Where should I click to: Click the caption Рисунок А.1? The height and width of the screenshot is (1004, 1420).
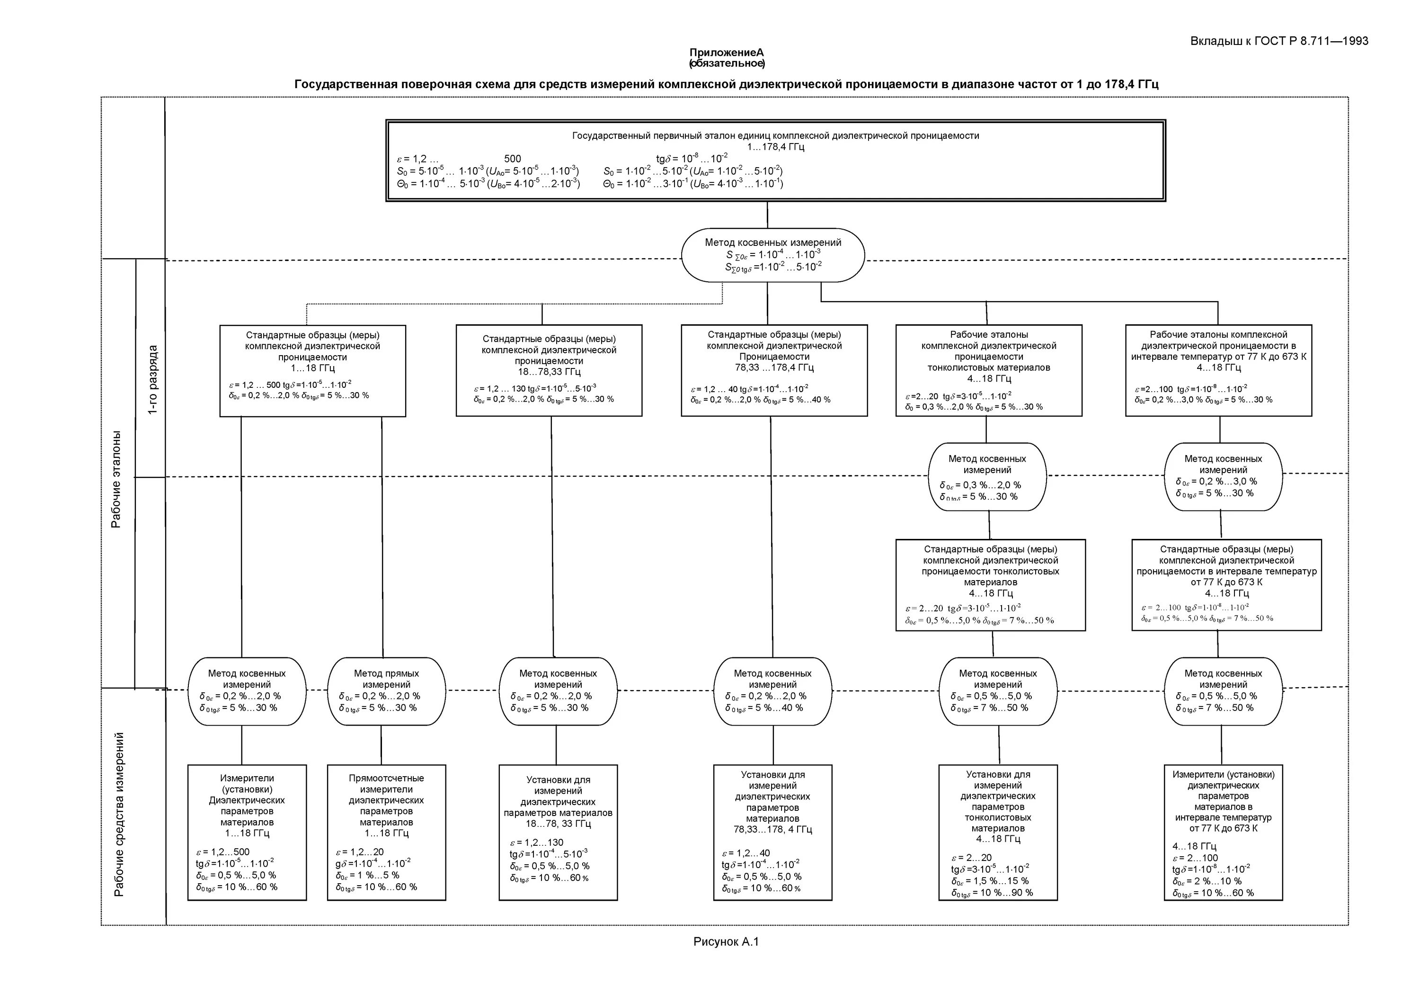pos(726,942)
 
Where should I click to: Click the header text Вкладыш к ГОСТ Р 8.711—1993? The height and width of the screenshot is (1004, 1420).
pos(1279,42)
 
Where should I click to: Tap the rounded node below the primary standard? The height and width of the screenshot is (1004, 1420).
pos(772,255)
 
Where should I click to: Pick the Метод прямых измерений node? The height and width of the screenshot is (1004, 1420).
pos(386,690)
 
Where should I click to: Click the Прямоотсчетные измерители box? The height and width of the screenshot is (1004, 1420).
pos(386,832)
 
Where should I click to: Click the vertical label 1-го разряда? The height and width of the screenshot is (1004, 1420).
pos(152,379)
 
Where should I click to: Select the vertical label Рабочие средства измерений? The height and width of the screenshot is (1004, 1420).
pos(119,814)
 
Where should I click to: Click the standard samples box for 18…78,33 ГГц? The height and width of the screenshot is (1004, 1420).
pos(549,370)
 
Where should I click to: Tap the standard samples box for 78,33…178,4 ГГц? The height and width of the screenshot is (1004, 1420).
pos(774,370)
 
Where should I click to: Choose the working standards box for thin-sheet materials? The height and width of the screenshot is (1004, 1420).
pos(988,370)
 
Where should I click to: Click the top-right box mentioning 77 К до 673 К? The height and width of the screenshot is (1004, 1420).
pos(1218,370)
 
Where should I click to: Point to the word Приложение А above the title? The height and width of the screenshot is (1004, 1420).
pos(727,53)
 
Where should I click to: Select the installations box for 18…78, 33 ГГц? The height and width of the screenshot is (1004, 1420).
pos(558,832)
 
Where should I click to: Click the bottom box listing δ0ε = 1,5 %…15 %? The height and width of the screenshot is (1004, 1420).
pos(998,832)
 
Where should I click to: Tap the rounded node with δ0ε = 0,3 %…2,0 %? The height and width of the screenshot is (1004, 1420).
pos(987,476)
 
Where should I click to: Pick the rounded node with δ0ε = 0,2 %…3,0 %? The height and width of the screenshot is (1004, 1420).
pos(1223,476)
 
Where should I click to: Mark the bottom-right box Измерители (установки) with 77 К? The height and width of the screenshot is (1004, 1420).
pos(1223,832)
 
